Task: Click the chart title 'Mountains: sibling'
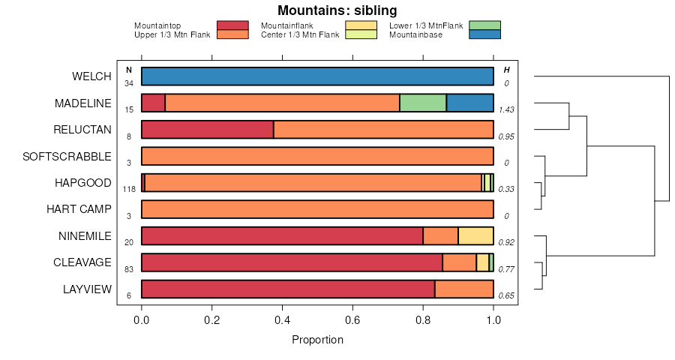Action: click(x=337, y=10)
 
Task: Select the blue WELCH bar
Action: click(x=317, y=76)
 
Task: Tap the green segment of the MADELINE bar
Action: click(x=423, y=103)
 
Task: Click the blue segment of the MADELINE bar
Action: click(x=470, y=103)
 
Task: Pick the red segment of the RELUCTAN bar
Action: click(x=208, y=130)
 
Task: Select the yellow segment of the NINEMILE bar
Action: click(x=475, y=236)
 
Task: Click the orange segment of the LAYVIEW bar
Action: click(x=464, y=289)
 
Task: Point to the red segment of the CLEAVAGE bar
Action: click(x=292, y=262)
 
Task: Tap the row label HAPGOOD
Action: click(x=82, y=183)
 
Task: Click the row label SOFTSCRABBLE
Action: click(x=67, y=157)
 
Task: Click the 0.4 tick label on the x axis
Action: click(x=283, y=321)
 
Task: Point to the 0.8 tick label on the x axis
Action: click(x=423, y=321)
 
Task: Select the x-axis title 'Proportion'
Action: click(x=317, y=340)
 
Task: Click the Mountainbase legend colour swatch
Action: click(x=484, y=34)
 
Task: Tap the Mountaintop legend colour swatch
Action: click(x=232, y=25)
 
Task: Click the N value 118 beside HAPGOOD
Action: click(x=129, y=189)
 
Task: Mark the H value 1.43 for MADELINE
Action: click(x=506, y=109)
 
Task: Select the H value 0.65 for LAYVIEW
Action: click(x=506, y=295)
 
